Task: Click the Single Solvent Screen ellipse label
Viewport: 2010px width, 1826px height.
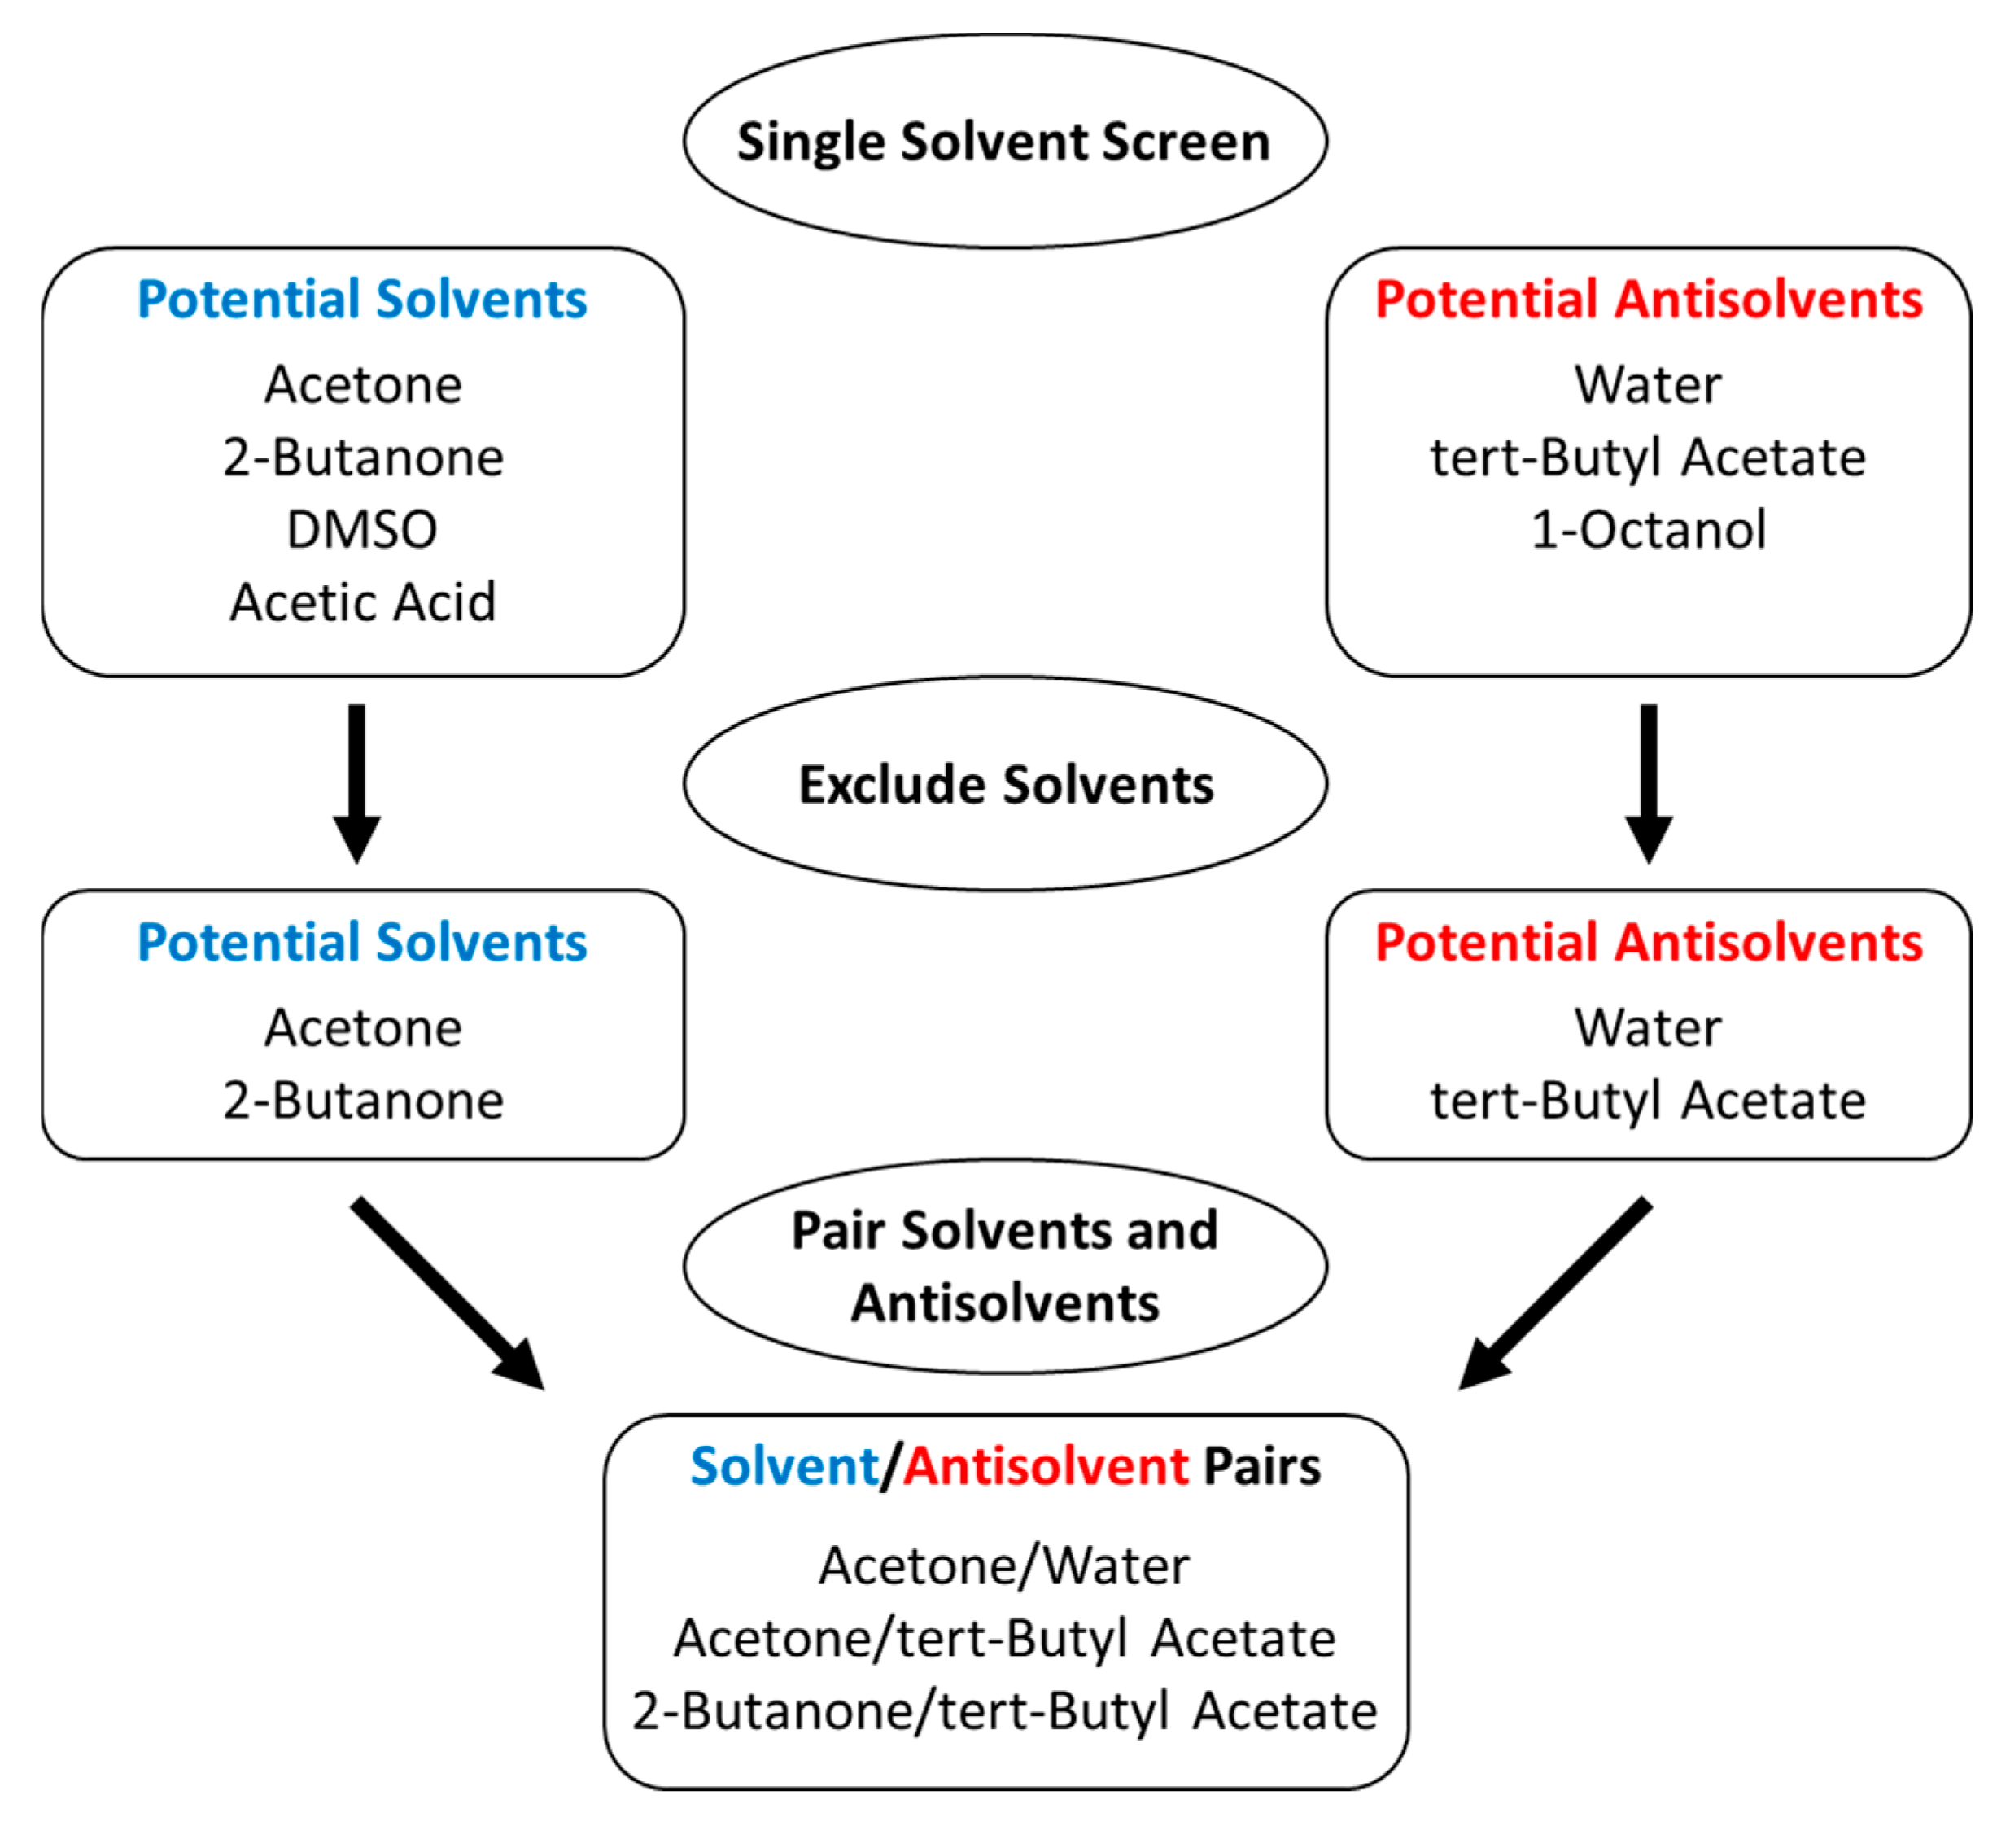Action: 1003,142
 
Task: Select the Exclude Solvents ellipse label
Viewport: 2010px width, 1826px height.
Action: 1005,785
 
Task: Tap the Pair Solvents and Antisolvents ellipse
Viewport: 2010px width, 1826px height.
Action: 1005,1267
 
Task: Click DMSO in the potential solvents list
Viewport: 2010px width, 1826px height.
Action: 362,529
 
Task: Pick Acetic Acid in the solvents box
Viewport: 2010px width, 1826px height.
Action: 363,602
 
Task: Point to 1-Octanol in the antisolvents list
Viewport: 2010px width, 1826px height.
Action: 1648,529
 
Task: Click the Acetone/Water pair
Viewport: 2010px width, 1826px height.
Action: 1004,1565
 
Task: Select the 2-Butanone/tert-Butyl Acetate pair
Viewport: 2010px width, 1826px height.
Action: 1004,1711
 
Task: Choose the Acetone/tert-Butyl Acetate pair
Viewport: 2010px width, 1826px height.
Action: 1004,1639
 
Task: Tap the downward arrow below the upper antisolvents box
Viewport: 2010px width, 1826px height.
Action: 1649,783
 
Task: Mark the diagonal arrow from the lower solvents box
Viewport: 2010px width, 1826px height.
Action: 448,1294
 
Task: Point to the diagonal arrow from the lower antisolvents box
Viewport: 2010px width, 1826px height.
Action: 1555,1294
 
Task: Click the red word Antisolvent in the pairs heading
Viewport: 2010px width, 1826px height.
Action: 1046,1467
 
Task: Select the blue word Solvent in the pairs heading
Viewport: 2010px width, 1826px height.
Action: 784,1467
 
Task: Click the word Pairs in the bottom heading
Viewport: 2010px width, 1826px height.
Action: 1261,1467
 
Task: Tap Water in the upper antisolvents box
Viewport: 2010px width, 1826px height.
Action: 1648,385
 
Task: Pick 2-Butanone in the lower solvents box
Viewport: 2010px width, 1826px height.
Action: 363,1101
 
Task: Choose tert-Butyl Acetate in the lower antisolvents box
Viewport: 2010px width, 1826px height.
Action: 1648,1101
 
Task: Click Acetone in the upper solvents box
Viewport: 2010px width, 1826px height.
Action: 363,385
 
